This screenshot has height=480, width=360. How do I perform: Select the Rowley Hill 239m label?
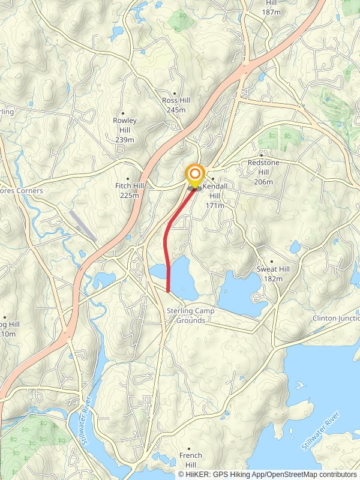point(125,130)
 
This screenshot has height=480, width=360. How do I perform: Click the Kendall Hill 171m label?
point(214,196)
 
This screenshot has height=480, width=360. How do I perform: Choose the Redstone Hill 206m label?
point(263,172)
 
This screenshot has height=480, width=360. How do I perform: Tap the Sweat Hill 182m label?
point(273,274)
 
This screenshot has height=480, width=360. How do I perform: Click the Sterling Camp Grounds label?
point(191,316)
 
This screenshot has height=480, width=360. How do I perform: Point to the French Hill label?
point(191,461)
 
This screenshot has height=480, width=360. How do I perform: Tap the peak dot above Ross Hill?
point(175,93)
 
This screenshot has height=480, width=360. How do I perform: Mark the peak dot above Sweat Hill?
point(272,262)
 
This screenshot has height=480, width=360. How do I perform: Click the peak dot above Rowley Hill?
point(124,112)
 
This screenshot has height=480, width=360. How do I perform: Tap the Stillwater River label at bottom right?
point(320,430)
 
